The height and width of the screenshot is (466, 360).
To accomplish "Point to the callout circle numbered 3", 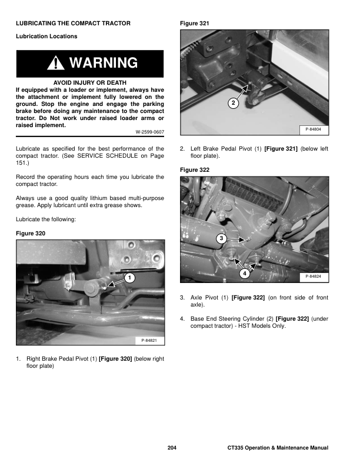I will (220, 238).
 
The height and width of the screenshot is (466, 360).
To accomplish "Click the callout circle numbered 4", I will (245, 274).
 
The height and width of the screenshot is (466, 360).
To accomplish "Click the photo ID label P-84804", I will (313, 128).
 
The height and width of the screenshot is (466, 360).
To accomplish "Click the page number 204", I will (172, 448).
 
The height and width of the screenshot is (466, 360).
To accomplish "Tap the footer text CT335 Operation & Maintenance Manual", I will (278, 448).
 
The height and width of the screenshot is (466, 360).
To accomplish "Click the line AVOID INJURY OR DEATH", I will (89, 82).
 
